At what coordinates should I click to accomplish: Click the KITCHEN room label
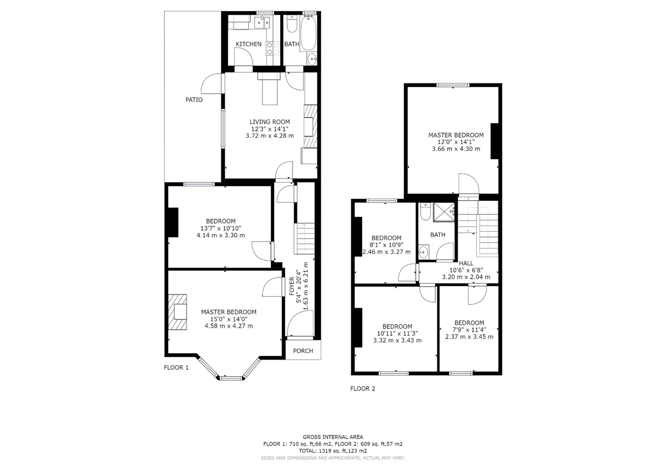click(x=248, y=44)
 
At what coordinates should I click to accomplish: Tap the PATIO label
click(x=194, y=100)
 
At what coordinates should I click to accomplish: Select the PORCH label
click(x=303, y=351)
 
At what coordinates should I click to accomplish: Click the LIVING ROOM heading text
click(x=269, y=122)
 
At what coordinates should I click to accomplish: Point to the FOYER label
click(x=292, y=286)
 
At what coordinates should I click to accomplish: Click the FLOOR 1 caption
click(x=176, y=367)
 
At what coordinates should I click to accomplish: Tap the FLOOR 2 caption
click(x=362, y=389)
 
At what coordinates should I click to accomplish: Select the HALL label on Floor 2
click(x=466, y=263)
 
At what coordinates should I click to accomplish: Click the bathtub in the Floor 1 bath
click(x=309, y=33)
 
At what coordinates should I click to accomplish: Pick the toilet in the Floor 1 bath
click(x=292, y=24)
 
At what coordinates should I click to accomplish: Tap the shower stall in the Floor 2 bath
click(x=444, y=212)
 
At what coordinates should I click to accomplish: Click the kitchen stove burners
click(x=273, y=49)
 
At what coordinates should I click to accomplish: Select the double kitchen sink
click(x=262, y=23)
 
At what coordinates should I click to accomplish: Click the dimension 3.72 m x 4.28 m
click(x=269, y=136)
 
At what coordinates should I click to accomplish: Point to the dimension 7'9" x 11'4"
click(x=469, y=330)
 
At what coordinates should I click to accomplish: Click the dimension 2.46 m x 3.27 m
click(x=386, y=252)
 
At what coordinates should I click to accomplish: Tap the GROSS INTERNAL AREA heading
click(x=333, y=437)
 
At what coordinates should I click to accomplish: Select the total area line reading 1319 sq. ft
click(x=333, y=451)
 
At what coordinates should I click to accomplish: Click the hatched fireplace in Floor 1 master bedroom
click(x=178, y=312)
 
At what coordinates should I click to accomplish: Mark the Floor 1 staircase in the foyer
click(x=304, y=238)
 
